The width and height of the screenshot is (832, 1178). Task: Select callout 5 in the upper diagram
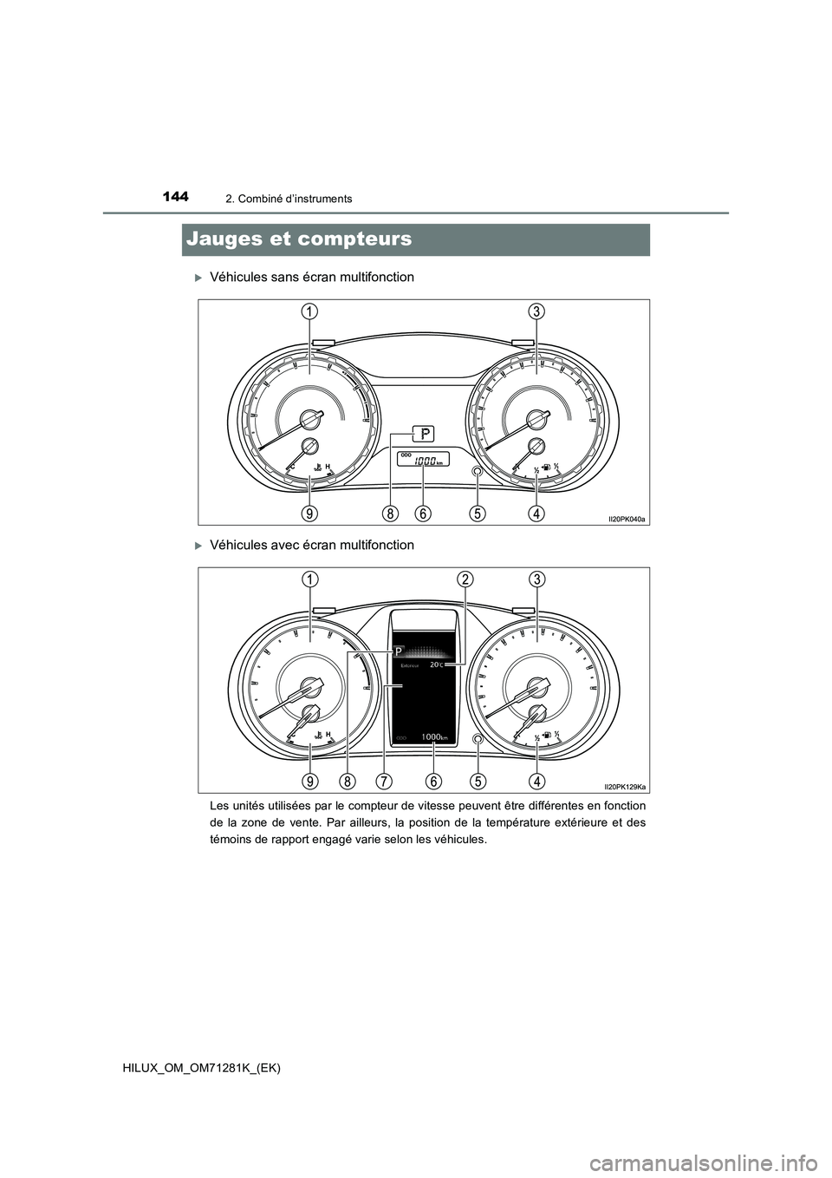pyautogui.click(x=478, y=514)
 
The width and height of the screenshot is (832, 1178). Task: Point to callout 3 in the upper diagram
pyautogui.click(x=537, y=311)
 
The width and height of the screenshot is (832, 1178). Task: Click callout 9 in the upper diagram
pyautogui.click(x=309, y=514)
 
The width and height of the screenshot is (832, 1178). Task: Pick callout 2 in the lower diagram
pyautogui.click(x=465, y=579)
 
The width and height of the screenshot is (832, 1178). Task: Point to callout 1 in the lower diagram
pyautogui.click(x=309, y=579)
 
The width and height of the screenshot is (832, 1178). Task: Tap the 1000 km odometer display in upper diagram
pyautogui.click(x=424, y=461)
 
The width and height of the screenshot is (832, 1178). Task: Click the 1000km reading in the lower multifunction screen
pyautogui.click(x=433, y=736)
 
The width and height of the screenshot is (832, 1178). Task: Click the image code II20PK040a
pyautogui.click(x=627, y=518)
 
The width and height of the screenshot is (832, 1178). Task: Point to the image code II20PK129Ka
pyautogui.click(x=625, y=786)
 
